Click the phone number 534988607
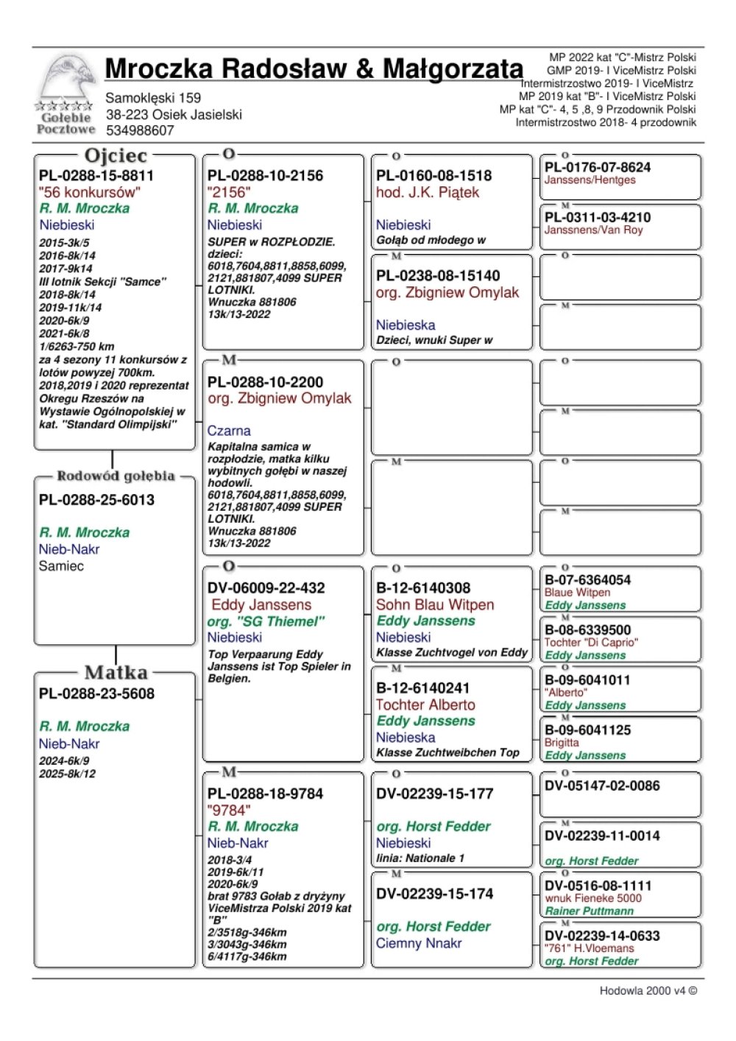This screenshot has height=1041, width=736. coord(140,130)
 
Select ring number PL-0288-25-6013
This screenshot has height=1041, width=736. coord(96,500)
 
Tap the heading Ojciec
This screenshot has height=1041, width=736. coord(116,155)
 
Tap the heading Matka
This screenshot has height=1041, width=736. coord(116,672)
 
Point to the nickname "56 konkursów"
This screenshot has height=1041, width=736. coord(89,192)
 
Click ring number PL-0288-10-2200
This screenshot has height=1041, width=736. coord(265,382)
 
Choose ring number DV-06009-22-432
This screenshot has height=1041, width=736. coord(266,588)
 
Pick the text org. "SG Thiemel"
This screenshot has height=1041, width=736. coord(266,621)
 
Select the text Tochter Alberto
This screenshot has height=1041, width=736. coord(425,705)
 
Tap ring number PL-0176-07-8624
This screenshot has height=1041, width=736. coord(597,167)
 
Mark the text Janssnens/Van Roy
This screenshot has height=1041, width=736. coord(593,230)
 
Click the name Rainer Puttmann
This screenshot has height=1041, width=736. coord(589,911)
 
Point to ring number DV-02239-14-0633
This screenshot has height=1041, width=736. coord(602,936)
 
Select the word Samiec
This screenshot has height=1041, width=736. coord(61,566)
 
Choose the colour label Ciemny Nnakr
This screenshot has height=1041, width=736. coord(419,943)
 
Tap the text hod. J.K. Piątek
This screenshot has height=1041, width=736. coord(427,192)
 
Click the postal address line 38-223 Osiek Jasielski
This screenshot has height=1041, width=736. coord(174,114)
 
